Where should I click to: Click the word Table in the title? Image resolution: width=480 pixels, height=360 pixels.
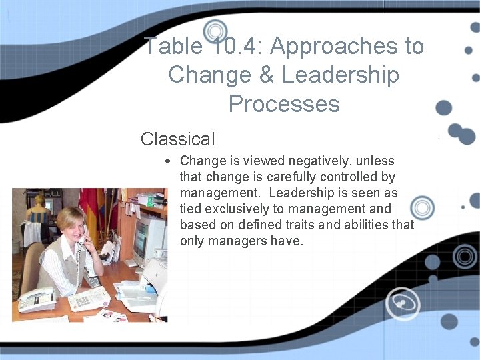(x=173, y=46)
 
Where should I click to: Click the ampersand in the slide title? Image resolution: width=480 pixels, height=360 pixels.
(x=267, y=75)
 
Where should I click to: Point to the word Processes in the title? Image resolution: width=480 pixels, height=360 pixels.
(x=283, y=104)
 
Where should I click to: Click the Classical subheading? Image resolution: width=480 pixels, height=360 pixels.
(x=177, y=139)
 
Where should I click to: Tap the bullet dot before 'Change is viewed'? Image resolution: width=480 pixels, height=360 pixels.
(x=170, y=161)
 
